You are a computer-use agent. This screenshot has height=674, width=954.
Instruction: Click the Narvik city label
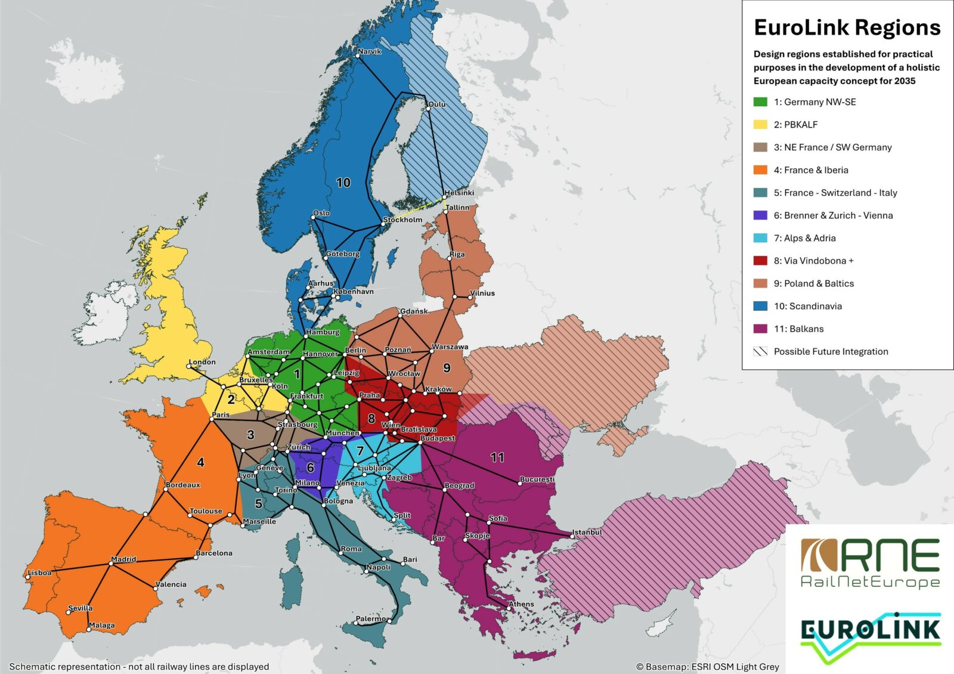(x=370, y=51)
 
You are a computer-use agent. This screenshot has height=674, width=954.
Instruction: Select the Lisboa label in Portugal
(x=40, y=573)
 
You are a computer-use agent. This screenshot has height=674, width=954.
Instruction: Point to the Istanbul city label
(x=587, y=532)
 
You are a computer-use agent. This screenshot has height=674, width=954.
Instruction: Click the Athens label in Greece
(x=521, y=604)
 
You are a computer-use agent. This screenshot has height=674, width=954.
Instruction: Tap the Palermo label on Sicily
(x=370, y=619)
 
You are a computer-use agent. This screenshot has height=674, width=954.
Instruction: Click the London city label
(x=202, y=362)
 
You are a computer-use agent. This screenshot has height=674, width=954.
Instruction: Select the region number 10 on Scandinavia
(x=343, y=183)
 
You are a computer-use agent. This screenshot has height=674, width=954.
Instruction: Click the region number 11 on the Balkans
(x=497, y=457)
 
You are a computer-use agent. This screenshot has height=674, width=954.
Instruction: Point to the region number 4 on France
(x=200, y=462)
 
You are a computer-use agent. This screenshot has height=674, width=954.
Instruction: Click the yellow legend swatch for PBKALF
(x=760, y=125)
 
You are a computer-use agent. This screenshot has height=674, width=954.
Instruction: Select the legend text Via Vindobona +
(x=814, y=261)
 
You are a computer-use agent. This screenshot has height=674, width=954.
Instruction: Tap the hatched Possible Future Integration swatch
(x=760, y=351)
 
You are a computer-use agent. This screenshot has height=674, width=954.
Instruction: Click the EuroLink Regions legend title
(x=847, y=27)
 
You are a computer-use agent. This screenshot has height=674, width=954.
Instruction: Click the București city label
(x=537, y=479)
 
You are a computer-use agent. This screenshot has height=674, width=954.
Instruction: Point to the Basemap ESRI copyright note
(x=707, y=667)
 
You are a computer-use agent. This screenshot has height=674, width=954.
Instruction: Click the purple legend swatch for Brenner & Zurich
(x=760, y=215)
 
